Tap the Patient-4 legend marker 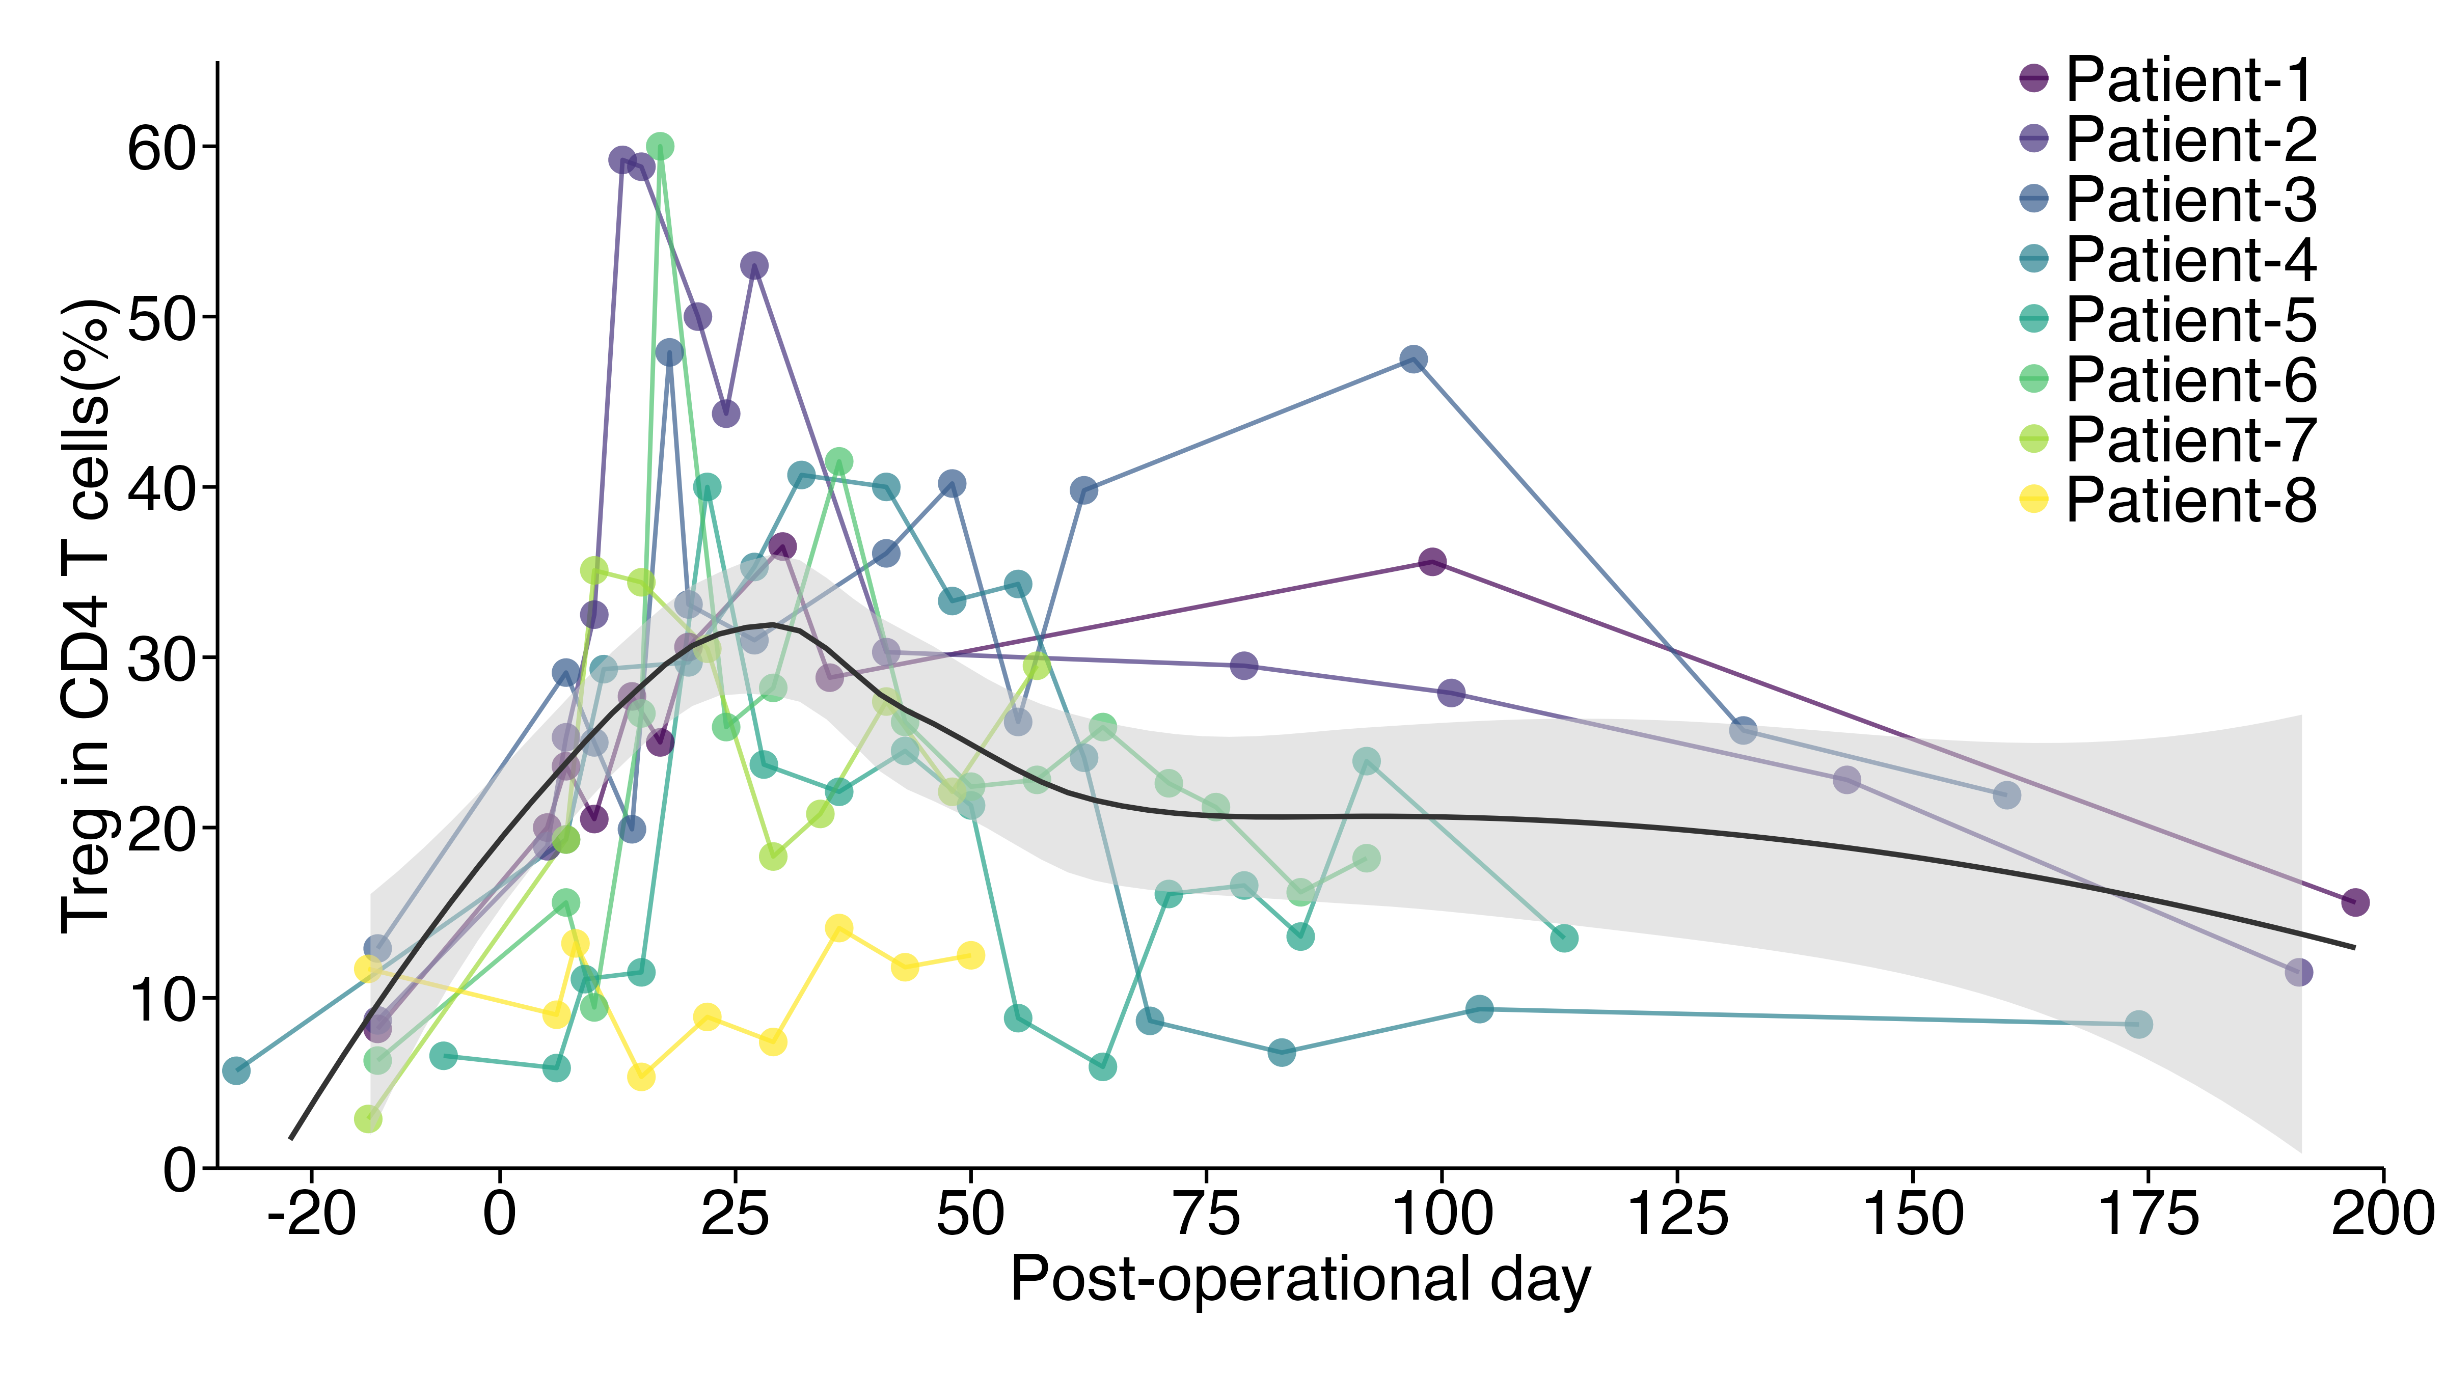[2034, 258]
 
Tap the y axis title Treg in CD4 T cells [87, 617]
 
